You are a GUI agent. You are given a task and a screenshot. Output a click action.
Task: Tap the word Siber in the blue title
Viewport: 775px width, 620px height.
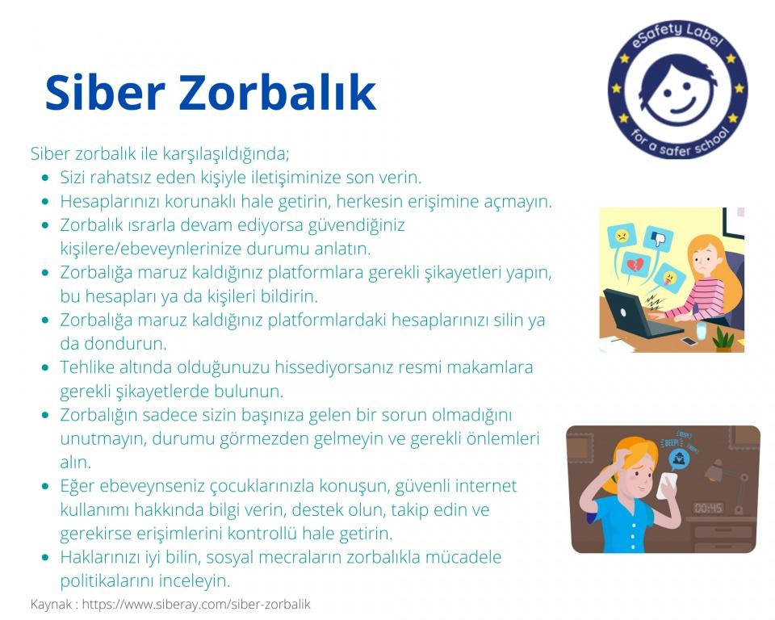point(104,92)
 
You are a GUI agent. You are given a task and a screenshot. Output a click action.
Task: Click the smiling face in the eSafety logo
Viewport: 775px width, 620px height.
point(678,90)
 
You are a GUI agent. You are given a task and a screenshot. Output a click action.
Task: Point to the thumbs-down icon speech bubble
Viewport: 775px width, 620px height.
point(658,239)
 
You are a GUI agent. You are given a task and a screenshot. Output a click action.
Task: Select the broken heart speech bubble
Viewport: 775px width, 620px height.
point(635,266)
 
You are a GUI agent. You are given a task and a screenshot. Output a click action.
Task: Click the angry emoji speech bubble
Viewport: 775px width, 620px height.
point(622,237)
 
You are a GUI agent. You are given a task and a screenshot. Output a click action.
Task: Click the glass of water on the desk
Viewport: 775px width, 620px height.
point(701,331)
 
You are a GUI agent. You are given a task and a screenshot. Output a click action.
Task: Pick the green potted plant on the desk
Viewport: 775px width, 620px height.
point(723,341)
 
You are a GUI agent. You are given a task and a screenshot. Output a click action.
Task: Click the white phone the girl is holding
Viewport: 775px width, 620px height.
point(666,486)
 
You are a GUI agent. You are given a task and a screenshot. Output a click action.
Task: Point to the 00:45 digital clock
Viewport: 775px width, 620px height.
point(707,508)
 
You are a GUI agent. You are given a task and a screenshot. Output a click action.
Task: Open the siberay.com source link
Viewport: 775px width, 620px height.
point(196,604)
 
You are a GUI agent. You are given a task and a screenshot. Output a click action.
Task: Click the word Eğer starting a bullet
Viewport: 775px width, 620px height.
point(77,486)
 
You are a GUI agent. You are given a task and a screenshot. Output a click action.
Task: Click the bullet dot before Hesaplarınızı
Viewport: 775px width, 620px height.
point(45,202)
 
